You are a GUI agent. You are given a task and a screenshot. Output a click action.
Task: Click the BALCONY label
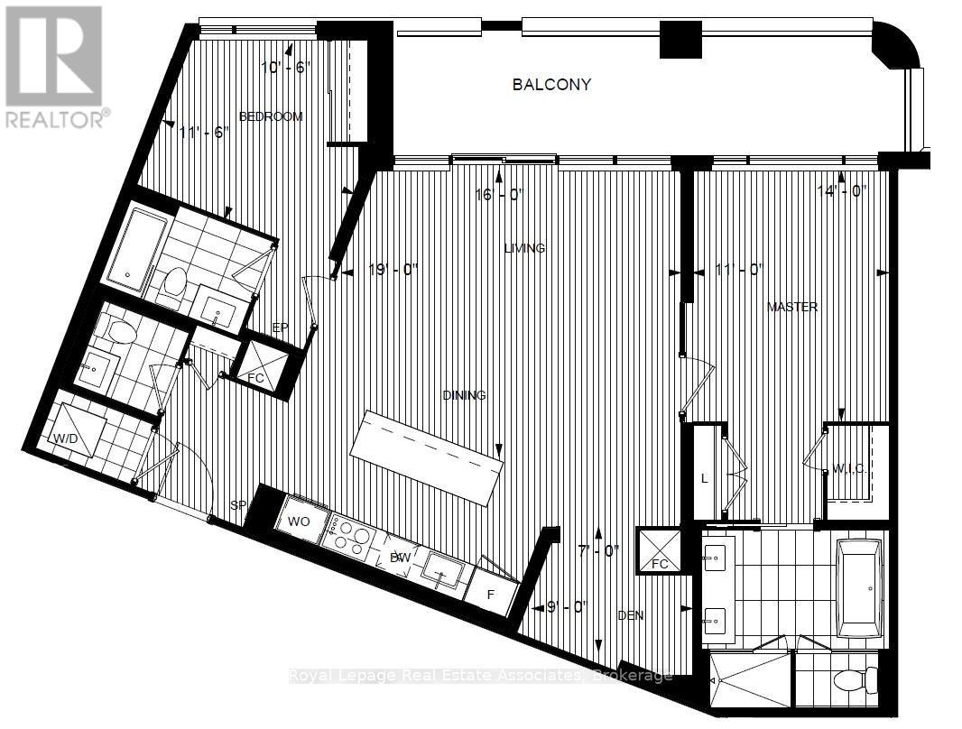click(x=551, y=85)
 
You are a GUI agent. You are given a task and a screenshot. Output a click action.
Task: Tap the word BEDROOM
click(x=270, y=116)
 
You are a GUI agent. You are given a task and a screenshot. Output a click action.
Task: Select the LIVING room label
click(x=524, y=248)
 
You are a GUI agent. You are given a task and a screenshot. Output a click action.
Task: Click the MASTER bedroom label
click(x=791, y=307)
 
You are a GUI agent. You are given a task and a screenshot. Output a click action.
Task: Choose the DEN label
click(x=630, y=615)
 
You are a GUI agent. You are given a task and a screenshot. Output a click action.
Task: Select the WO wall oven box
click(x=299, y=522)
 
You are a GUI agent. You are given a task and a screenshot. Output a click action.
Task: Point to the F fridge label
click(x=492, y=595)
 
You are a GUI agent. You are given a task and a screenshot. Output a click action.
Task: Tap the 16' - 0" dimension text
click(x=500, y=194)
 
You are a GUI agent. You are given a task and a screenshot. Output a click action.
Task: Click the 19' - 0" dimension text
click(x=394, y=269)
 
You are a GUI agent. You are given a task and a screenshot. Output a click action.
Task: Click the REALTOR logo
click(x=56, y=67)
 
